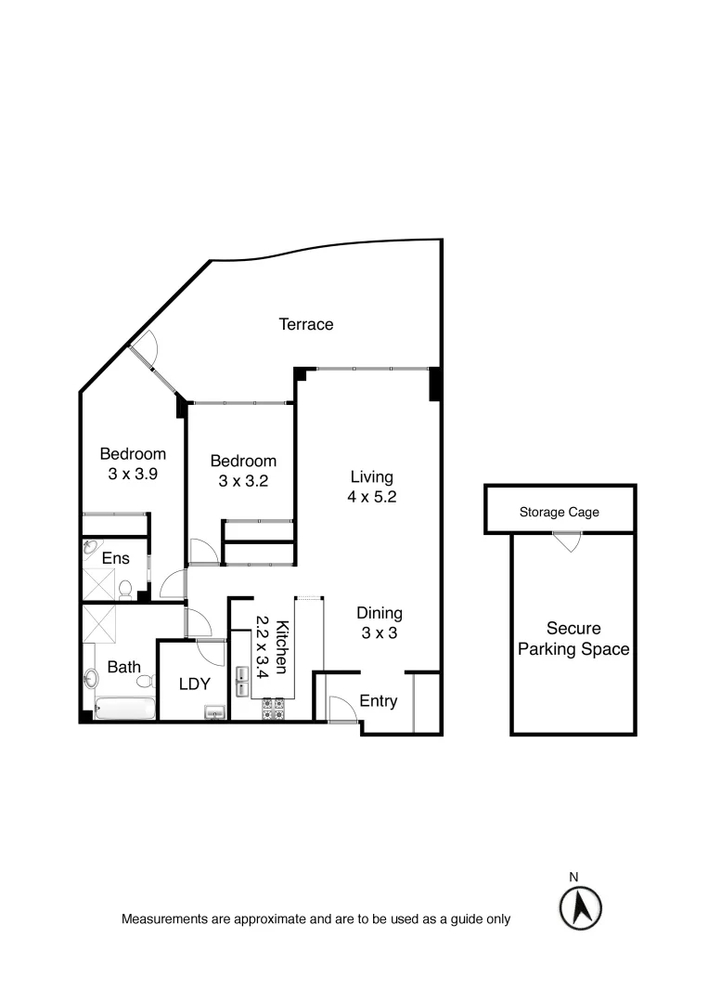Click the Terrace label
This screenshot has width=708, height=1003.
[306, 324]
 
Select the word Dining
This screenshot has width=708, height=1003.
[380, 613]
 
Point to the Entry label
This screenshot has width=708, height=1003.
[378, 701]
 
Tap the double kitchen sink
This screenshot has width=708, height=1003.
[242, 682]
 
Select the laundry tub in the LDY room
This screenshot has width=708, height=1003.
[214, 712]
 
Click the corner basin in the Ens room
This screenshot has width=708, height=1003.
[90, 548]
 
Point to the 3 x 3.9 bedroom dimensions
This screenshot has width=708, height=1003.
[133, 473]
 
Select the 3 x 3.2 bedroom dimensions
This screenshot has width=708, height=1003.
[242, 480]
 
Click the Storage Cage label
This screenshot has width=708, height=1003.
[559, 512]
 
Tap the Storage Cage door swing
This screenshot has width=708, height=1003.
[564, 541]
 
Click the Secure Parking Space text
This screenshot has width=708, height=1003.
[573, 639]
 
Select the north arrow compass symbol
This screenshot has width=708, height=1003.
[581, 905]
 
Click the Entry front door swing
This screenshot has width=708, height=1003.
[342, 710]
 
